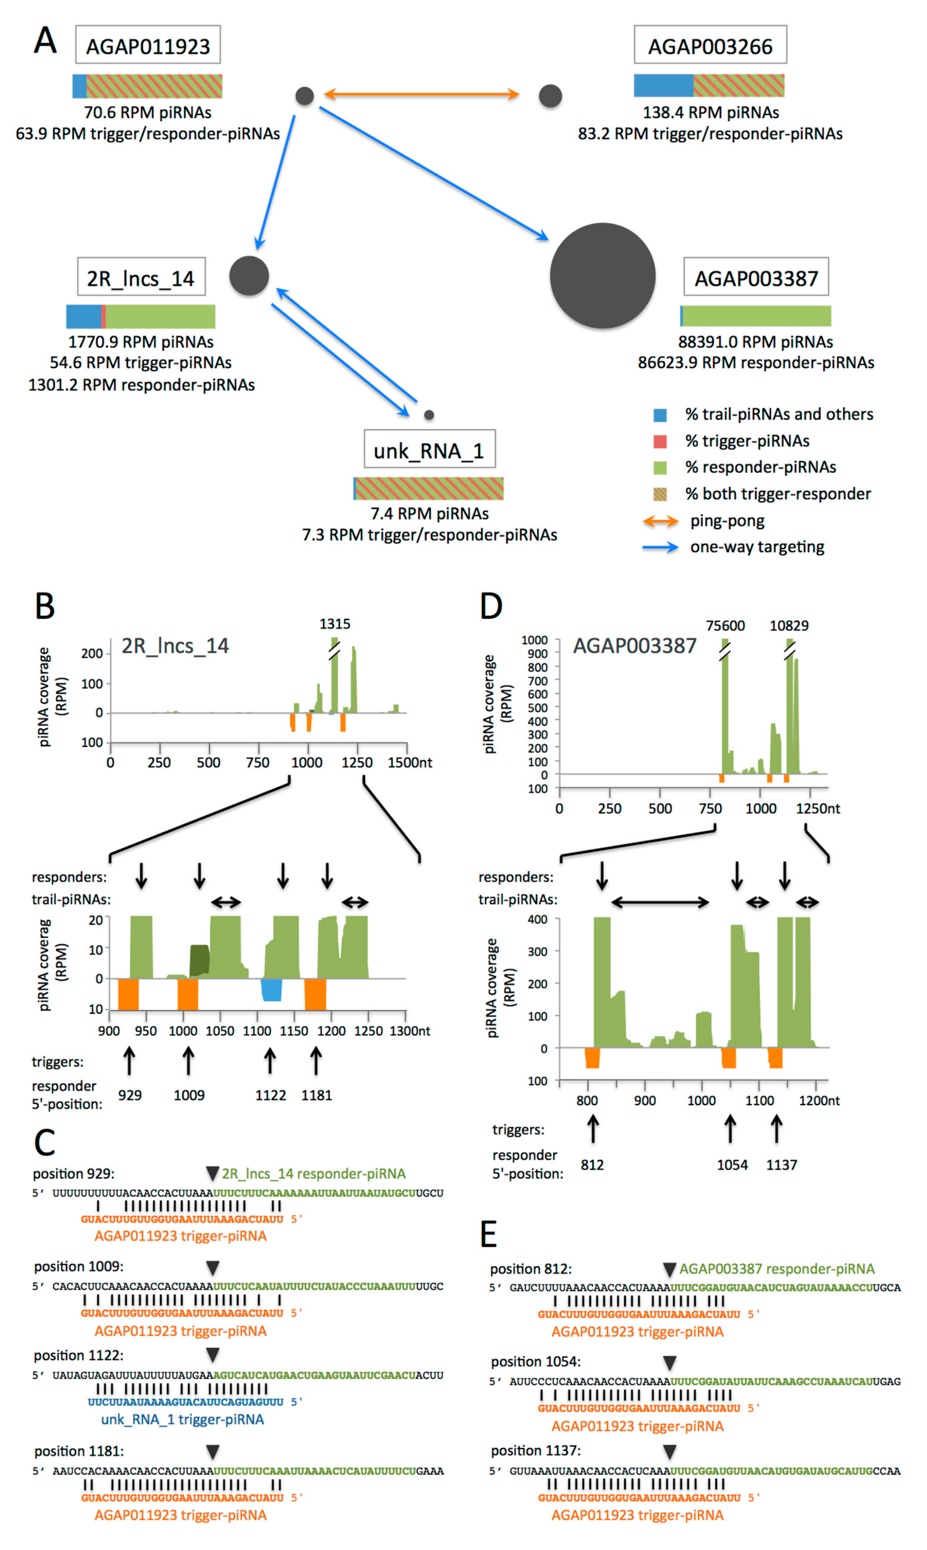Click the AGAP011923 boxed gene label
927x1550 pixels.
point(148,45)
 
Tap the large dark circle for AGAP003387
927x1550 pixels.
point(602,275)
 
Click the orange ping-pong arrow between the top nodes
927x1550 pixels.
point(422,94)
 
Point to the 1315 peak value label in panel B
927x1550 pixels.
point(335,623)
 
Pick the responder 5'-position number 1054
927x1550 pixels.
point(732,1165)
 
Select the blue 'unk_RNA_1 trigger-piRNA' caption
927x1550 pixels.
point(182,1419)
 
